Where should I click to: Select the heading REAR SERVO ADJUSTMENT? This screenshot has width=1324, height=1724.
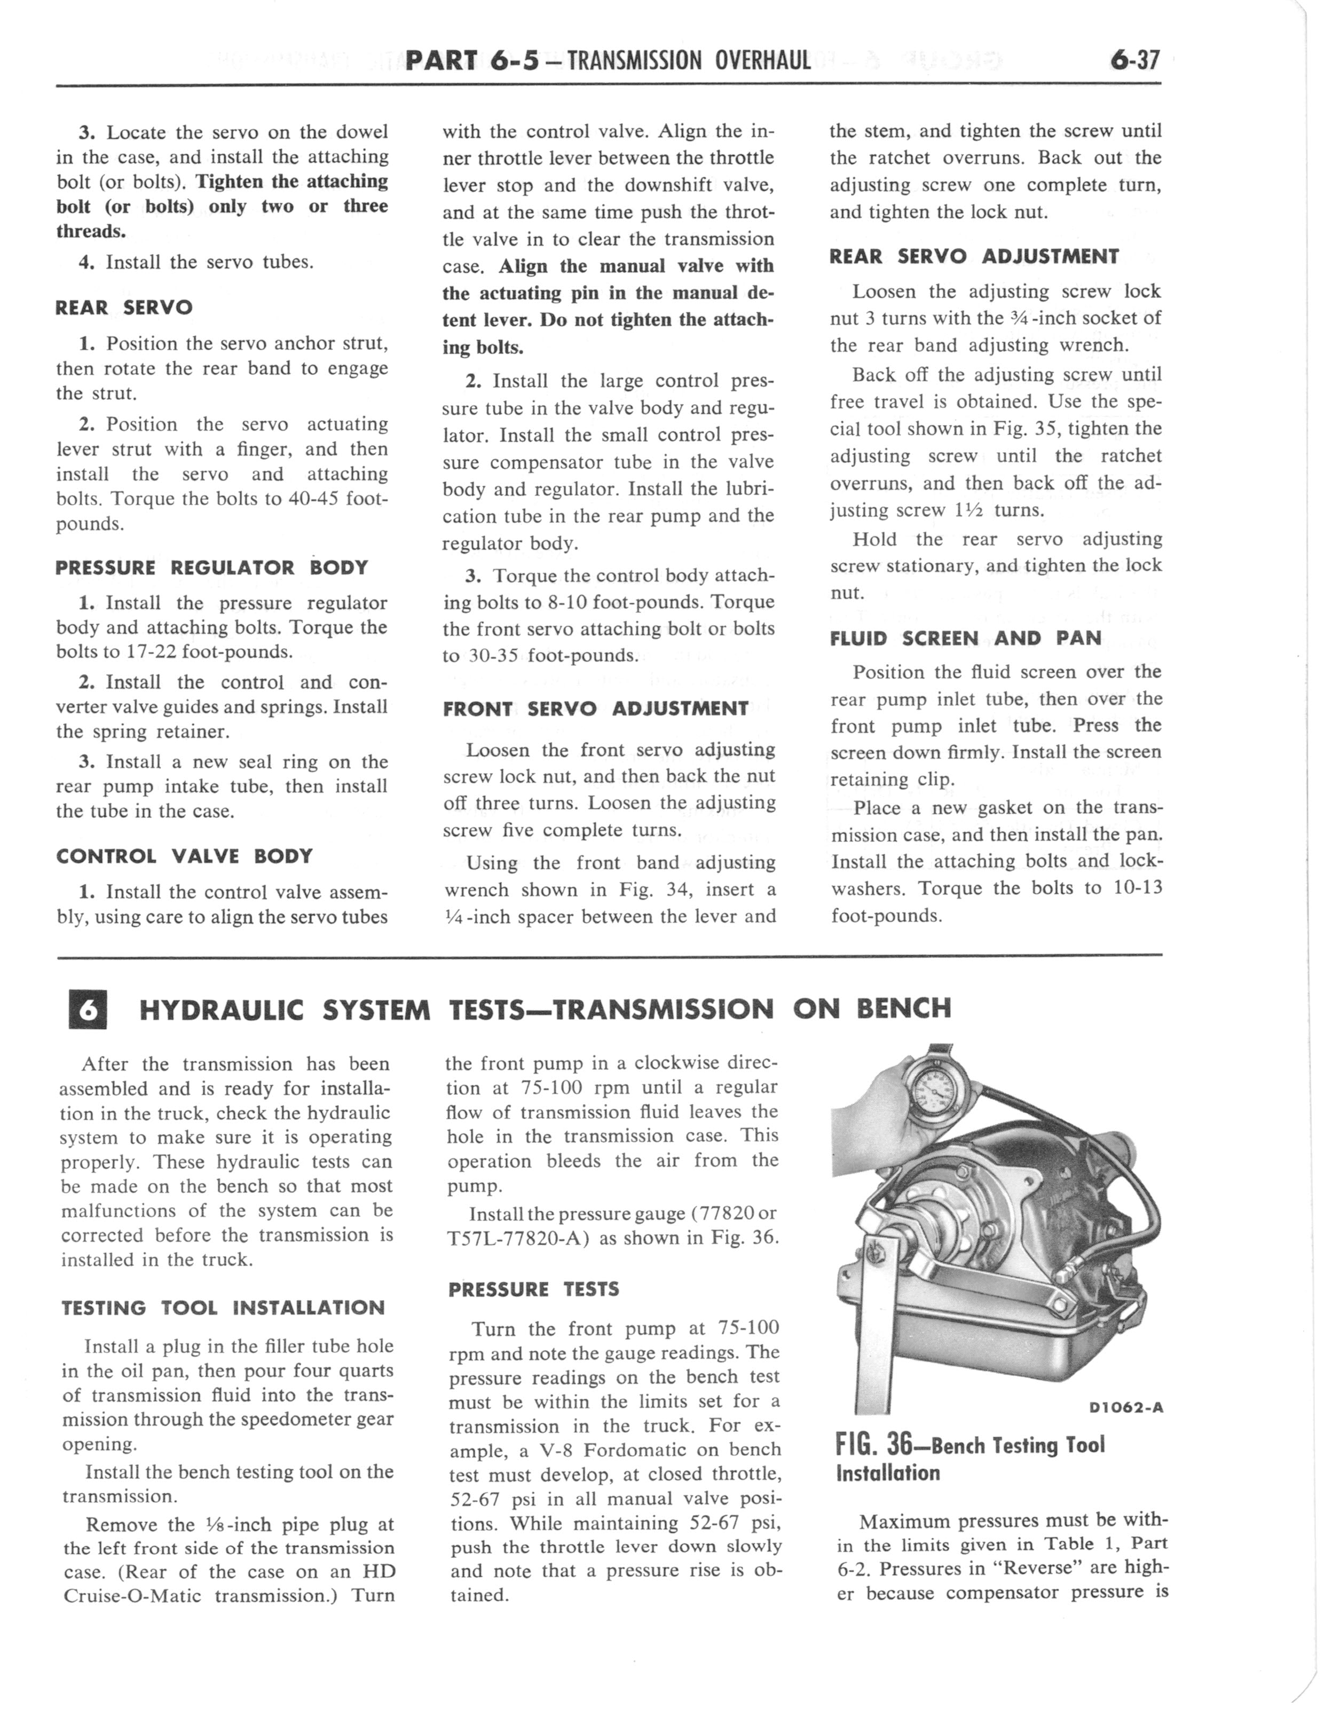point(974,257)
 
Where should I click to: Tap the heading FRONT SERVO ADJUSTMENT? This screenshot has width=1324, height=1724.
point(595,709)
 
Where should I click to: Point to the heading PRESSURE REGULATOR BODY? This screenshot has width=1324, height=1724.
point(212,568)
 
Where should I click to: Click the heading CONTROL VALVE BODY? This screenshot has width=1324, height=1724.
point(184,856)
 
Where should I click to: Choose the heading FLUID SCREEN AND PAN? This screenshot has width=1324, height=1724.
point(965,638)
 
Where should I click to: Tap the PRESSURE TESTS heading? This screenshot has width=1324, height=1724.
point(533,1289)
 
